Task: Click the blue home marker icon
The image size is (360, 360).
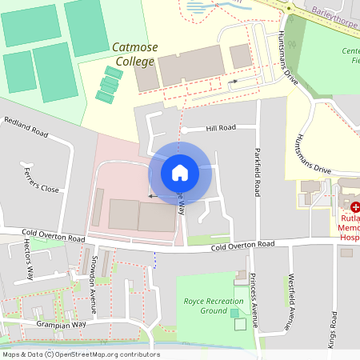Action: click(180, 173)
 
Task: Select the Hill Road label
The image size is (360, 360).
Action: click(221, 127)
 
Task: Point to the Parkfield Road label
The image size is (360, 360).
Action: click(257, 171)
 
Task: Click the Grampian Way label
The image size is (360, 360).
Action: click(60, 325)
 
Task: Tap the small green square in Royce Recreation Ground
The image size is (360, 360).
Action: click(234, 324)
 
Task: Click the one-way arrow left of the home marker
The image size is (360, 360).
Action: click(153, 195)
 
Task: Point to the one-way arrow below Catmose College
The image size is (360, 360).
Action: click(233, 82)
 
